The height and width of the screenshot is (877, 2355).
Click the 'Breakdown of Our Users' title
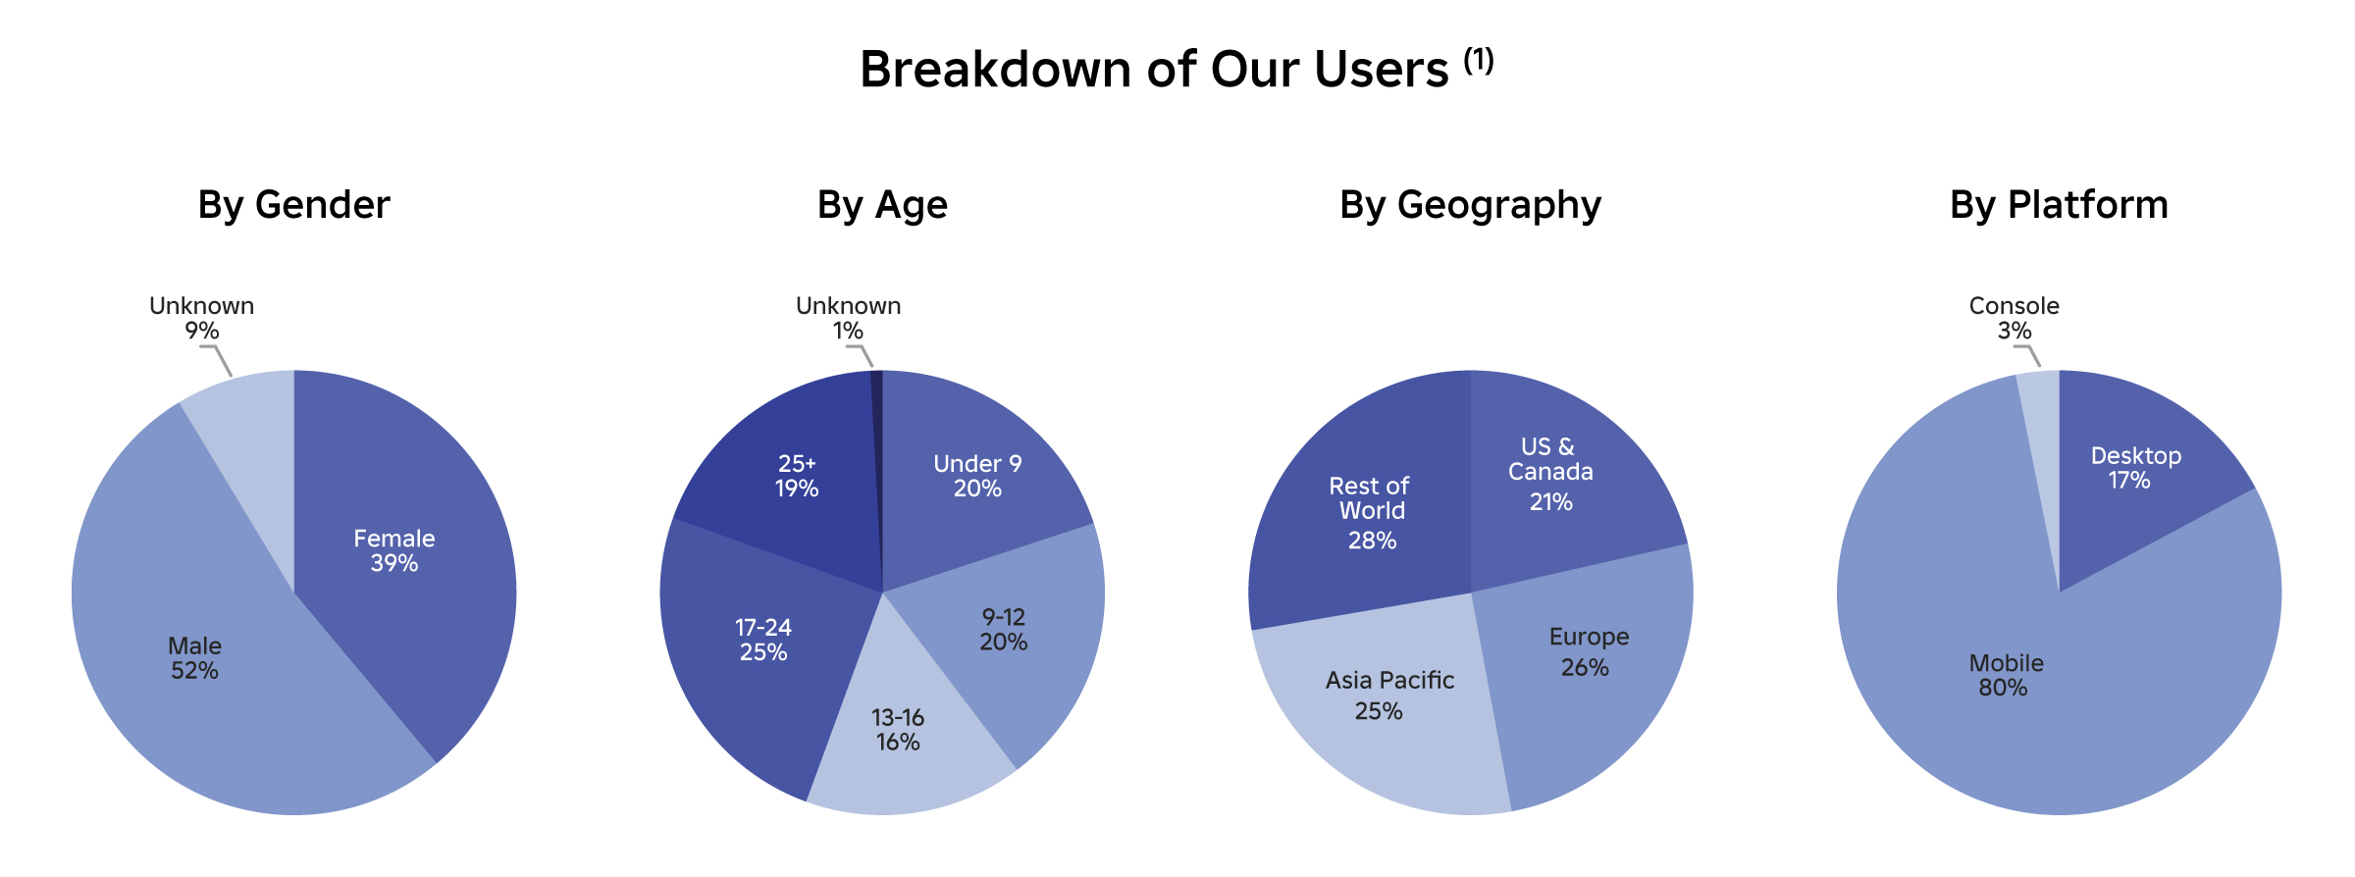[1154, 71]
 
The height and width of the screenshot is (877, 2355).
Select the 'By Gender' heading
[293, 205]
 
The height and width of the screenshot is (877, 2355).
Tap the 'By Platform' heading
[2059, 205]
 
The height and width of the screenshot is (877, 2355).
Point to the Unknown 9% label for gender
[201, 318]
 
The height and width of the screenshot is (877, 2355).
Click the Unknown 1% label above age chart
[848, 318]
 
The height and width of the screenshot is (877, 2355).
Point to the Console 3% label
[2014, 318]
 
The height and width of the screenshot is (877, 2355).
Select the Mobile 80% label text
[2006, 675]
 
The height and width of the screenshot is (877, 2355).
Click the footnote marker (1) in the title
[1479, 61]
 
